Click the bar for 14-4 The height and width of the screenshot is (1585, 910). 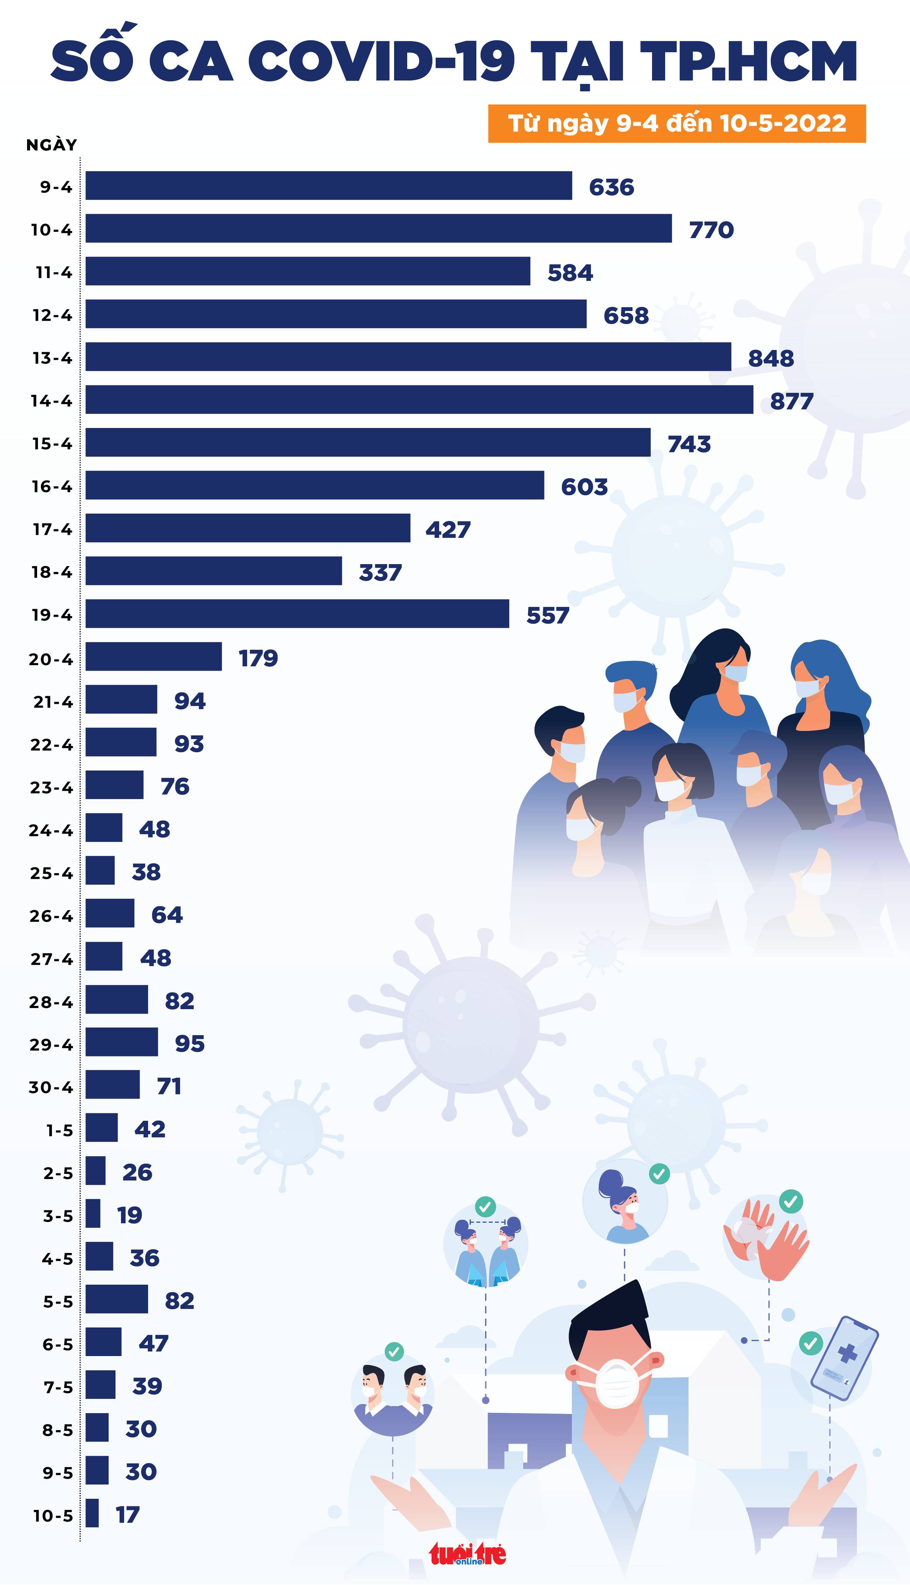tap(419, 399)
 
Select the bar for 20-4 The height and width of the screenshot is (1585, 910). tap(154, 657)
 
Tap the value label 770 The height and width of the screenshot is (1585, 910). tap(711, 230)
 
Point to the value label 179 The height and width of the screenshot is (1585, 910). tap(258, 658)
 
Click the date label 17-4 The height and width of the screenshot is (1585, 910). tap(53, 530)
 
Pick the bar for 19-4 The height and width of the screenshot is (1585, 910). tap(297, 613)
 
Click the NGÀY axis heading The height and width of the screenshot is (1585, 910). tap(51, 145)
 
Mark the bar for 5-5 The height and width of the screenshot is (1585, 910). tap(117, 1299)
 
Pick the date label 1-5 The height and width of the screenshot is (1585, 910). tap(60, 1130)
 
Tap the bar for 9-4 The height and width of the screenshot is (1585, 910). tap(329, 186)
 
